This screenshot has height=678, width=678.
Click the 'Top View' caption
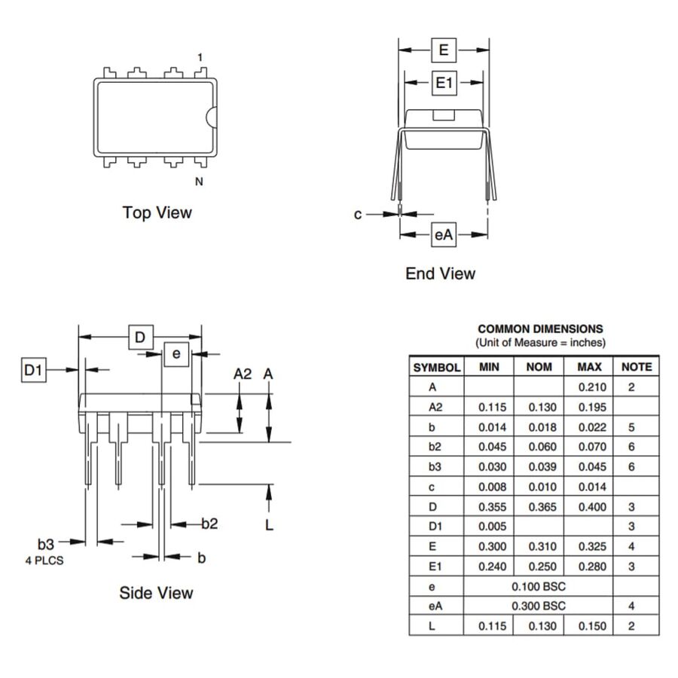coord(157,212)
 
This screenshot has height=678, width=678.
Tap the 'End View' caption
coord(440,273)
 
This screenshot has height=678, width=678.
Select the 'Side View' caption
coord(156,593)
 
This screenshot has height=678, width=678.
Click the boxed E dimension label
coord(444,50)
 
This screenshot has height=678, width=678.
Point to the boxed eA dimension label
coord(444,235)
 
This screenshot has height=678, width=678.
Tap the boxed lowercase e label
coord(176,353)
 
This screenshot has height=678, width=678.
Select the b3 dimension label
coord(46,542)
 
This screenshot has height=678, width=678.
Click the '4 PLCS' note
coord(44,560)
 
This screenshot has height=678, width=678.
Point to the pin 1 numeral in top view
coord(200,57)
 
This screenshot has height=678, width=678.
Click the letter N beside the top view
coord(199,182)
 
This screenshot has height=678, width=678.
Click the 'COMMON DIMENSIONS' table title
coord(540,328)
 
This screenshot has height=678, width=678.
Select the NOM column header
coord(539,367)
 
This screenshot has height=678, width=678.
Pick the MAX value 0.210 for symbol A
coord(591,387)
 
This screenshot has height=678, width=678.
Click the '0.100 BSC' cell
coord(539,586)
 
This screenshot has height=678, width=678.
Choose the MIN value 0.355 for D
coord(490,507)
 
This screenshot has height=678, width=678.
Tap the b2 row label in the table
coord(435,447)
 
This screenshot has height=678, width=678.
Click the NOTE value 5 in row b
coord(631,427)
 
